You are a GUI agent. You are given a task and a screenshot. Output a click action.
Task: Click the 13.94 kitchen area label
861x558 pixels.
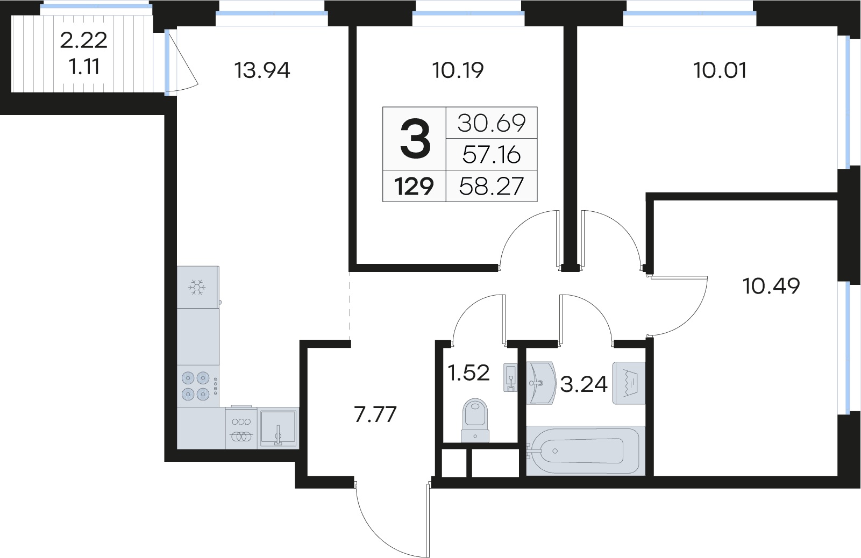(262, 70)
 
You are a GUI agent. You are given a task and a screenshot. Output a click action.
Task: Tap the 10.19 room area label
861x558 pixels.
(458, 70)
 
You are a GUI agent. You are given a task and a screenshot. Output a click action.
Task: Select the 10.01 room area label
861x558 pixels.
(720, 70)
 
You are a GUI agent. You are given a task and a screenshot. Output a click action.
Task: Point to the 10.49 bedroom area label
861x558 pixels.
(771, 286)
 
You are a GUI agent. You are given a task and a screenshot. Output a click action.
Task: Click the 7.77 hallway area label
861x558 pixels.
(375, 414)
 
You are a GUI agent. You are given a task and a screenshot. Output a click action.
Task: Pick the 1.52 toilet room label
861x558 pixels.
(468, 373)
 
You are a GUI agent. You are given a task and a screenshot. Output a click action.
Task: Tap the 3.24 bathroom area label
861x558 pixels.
(584, 384)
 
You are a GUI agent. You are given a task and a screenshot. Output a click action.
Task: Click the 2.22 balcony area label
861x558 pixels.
(83, 40)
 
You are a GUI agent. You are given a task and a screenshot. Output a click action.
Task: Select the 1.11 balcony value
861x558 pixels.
(84, 67)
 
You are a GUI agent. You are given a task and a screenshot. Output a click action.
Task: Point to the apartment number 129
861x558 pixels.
(414, 187)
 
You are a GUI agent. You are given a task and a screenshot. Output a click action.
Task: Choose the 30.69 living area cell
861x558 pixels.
(491, 123)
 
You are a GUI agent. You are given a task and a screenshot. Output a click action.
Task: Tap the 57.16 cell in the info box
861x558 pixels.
(491, 155)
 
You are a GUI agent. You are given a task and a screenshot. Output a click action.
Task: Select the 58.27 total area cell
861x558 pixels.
(491, 187)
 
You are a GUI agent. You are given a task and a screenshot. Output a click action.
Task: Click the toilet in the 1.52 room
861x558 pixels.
(475, 419)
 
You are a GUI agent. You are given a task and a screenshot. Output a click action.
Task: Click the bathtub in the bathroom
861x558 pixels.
(585, 451)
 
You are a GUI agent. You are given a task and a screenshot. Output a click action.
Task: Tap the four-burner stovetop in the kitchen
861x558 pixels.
(196, 386)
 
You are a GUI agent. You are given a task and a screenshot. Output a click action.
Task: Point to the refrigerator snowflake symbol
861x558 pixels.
(197, 287)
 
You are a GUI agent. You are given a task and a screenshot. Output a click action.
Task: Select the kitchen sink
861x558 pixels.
(278, 428)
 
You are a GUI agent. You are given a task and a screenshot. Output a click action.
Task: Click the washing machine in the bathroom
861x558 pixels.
(629, 383)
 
